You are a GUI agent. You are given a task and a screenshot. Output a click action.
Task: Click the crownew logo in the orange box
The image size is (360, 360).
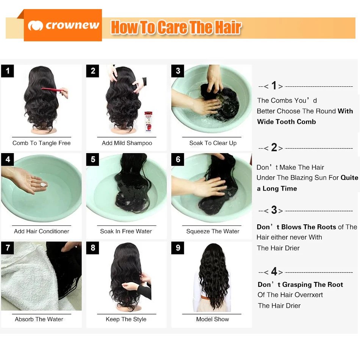[x=63, y=25]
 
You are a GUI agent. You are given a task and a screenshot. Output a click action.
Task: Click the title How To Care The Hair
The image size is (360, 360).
[x=176, y=28]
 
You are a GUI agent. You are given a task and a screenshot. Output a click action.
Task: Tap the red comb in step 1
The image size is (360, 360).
[x=53, y=89]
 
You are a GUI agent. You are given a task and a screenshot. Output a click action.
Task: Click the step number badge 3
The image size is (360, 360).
[x=178, y=71]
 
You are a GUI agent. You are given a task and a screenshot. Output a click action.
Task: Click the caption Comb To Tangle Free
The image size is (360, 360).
[x=41, y=143]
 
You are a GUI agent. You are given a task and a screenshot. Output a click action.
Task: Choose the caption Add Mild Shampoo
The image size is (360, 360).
[x=127, y=143]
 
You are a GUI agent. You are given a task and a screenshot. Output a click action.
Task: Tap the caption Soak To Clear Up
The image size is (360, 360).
[x=213, y=143]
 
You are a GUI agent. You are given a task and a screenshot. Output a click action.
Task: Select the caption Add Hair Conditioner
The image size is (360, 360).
[x=41, y=231]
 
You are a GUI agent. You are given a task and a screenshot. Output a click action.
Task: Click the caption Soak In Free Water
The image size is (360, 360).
[x=126, y=231]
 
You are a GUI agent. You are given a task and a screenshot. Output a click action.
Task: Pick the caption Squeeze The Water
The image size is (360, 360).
[x=213, y=231]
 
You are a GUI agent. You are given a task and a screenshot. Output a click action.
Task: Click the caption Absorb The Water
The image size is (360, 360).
[x=39, y=319]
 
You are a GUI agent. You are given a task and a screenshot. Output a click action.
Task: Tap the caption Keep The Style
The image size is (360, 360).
[x=126, y=319]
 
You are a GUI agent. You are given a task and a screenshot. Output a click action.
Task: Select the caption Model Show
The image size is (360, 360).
[x=212, y=319]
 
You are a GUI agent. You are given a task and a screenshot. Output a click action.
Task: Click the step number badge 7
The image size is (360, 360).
[x=7, y=248]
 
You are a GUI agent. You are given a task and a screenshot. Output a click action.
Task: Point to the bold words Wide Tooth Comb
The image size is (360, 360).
[x=286, y=122]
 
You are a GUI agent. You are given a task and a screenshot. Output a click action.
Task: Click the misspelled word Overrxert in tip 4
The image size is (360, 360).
[x=308, y=295]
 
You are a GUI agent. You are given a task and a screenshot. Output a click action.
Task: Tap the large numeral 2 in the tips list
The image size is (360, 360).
[x=274, y=148]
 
